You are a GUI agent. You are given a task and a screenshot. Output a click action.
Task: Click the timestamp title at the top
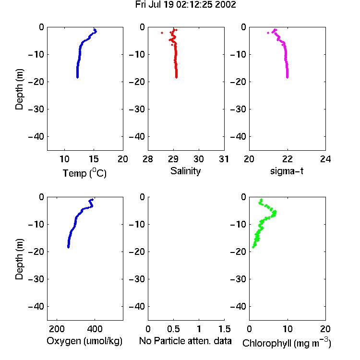[185, 5]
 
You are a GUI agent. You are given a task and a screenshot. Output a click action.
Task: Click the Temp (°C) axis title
[84, 173]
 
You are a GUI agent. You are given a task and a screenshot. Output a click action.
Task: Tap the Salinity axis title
[185, 171]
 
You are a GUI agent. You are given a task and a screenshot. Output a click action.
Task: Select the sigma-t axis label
[287, 171]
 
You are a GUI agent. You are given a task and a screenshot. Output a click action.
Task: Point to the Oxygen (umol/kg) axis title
[84, 341]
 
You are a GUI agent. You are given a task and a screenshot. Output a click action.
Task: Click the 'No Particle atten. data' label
[185, 341]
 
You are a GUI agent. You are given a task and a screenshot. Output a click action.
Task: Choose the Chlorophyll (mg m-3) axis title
[287, 343]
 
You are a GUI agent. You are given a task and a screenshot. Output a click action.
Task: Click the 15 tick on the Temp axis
[94, 159]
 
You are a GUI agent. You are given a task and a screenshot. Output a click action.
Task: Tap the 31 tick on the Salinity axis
[224, 159]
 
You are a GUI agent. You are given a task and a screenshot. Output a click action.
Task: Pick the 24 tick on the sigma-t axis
[325, 159]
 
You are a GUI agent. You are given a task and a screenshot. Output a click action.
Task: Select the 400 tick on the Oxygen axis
[95, 329]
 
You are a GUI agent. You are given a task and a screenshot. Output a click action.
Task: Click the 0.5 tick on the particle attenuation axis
[173, 329]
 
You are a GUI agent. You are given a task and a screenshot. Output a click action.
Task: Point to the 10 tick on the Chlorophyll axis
[287, 329]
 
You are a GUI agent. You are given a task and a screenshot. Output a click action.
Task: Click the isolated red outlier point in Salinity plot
[162, 33]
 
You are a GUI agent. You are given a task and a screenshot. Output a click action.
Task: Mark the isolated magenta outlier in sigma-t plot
[268, 33]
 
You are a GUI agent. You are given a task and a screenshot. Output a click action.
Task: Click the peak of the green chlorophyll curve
[275, 213]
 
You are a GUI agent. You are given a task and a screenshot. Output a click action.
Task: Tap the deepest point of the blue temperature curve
[77, 77]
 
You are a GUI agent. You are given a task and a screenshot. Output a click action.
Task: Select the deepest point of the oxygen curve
[68, 247]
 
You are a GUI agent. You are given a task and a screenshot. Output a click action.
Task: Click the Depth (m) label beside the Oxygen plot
[19, 259]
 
